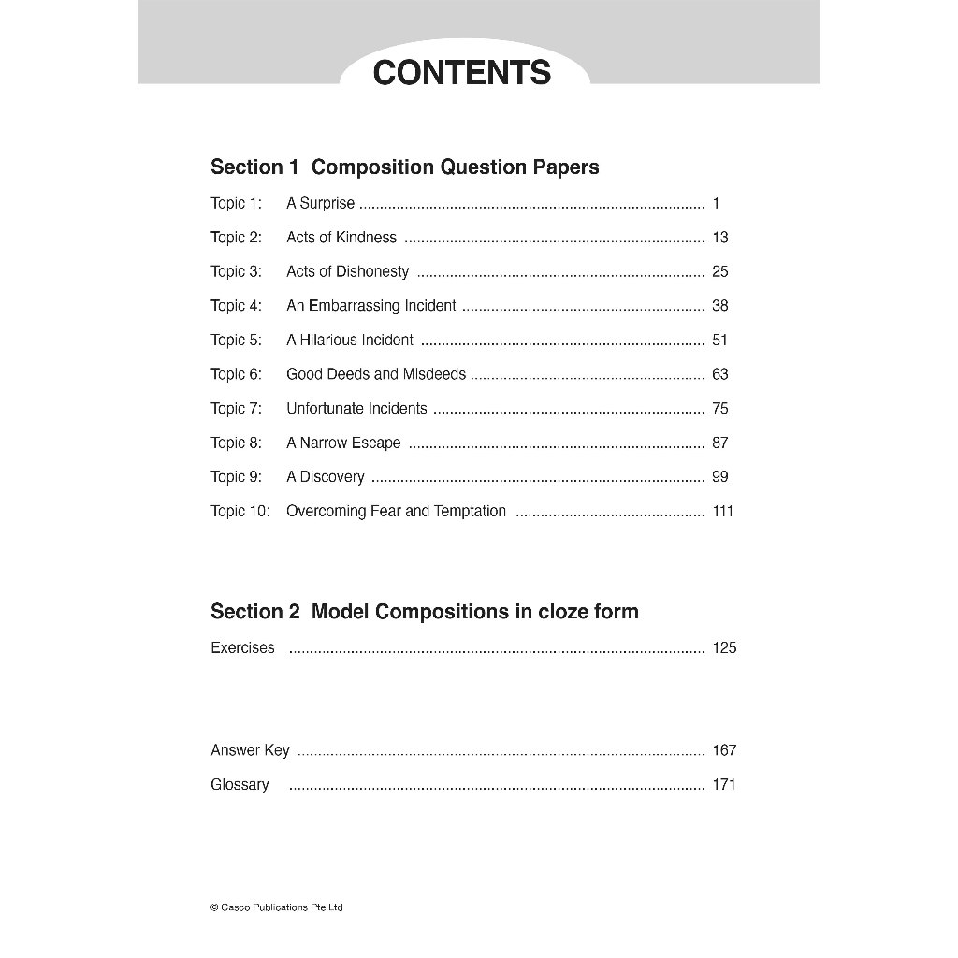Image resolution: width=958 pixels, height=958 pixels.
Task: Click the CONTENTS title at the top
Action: (x=462, y=73)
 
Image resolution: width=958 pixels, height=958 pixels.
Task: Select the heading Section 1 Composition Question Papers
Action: (x=404, y=167)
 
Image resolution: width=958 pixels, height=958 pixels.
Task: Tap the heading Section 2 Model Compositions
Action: (x=424, y=612)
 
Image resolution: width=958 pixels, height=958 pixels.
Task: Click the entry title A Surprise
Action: (x=320, y=203)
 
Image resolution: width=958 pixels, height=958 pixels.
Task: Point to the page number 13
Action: (x=719, y=238)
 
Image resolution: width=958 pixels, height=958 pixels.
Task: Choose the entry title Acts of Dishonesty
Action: (x=347, y=271)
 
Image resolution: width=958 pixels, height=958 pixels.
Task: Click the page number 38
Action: (x=719, y=306)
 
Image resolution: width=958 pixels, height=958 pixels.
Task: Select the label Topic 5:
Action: (x=236, y=340)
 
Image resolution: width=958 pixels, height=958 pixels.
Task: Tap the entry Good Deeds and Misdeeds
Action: (x=375, y=374)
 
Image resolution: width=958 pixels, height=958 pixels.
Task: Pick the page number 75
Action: (x=719, y=408)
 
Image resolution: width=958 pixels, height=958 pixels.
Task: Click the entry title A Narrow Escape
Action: (x=343, y=443)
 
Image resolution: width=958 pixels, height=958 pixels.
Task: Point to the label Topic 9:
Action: (x=236, y=477)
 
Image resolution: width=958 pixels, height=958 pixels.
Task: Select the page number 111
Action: (x=722, y=511)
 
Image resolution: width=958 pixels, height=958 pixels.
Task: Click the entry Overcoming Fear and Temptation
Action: (x=396, y=511)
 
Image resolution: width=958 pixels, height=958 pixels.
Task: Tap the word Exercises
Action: (x=242, y=647)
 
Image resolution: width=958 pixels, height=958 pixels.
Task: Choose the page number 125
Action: (x=724, y=647)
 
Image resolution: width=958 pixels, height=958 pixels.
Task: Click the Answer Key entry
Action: (x=250, y=750)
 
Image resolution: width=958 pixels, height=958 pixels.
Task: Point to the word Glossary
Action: (x=239, y=785)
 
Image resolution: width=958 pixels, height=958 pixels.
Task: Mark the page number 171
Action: (x=724, y=785)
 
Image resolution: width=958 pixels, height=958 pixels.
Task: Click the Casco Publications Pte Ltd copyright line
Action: (x=277, y=907)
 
